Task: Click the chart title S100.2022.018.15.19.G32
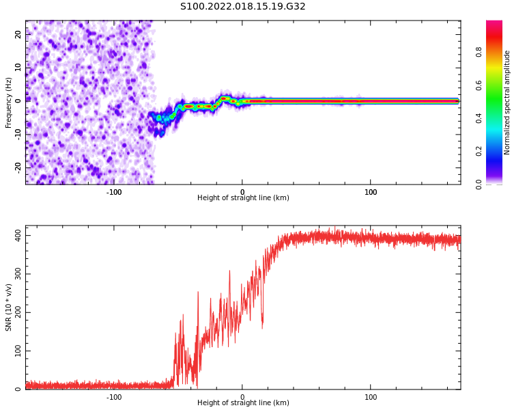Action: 243,7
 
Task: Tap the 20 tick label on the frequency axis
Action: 18,34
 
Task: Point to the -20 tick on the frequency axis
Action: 18,167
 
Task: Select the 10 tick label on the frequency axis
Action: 18,68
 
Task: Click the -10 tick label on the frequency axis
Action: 18,134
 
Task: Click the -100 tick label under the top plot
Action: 114,192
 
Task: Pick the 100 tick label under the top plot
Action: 371,192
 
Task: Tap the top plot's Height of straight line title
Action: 243,198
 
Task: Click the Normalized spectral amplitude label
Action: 507,102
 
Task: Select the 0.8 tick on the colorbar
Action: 498,51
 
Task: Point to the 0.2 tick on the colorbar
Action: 498,151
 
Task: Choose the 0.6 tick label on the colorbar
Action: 498,85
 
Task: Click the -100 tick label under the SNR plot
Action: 114,397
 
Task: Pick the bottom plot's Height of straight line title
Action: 243,403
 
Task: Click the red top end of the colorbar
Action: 494,25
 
